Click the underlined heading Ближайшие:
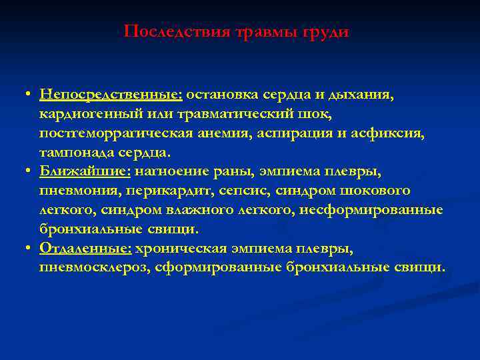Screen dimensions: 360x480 tap(86, 171)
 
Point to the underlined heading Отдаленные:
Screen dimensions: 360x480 tap(87, 248)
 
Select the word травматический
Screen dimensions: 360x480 tap(219, 114)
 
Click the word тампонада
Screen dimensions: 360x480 tap(71, 153)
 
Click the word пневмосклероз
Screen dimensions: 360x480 tap(85, 267)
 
